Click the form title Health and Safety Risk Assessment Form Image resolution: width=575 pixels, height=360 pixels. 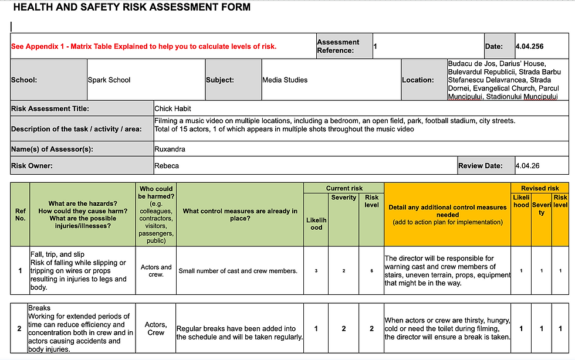pyautogui.click(x=131, y=8)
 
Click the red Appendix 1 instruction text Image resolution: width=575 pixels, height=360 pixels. pyautogui.click(x=144, y=46)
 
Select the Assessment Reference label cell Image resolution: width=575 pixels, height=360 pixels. pyautogui.click(x=344, y=46)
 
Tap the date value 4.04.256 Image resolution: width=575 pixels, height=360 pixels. pyautogui.click(x=530, y=46)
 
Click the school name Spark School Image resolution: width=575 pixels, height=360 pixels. pyautogui.click(x=109, y=80)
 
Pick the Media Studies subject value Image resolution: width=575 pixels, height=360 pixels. pyautogui.click(x=285, y=80)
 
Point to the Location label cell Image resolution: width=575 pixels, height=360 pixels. pyautogui.click(x=418, y=80)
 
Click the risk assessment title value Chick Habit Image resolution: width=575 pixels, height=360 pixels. pyautogui.click(x=173, y=108)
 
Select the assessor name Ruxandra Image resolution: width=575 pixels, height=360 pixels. pyautogui.click(x=170, y=149)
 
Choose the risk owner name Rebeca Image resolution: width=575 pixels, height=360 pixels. pyautogui.click(x=167, y=166)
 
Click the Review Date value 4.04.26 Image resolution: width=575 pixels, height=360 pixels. pyautogui.click(x=527, y=166)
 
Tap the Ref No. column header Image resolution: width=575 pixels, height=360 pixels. pyautogui.click(x=21, y=214)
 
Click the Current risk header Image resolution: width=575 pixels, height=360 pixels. pyautogui.click(x=344, y=188)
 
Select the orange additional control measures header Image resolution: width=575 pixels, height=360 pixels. pyautogui.click(x=447, y=214)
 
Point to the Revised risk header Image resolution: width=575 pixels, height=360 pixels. pyautogui.click(x=540, y=188)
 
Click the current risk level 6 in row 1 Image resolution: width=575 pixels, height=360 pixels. pyautogui.click(x=371, y=271)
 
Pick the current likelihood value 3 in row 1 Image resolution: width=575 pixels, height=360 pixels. pyautogui.click(x=316, y=271)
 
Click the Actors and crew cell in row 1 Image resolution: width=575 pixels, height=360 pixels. pyautogui.click(x=156, y=271)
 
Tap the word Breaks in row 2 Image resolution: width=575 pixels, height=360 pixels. pyautogui.click(x=39, y=308)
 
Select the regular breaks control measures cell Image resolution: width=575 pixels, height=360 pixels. pyautogui.click(x=239, y=333)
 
